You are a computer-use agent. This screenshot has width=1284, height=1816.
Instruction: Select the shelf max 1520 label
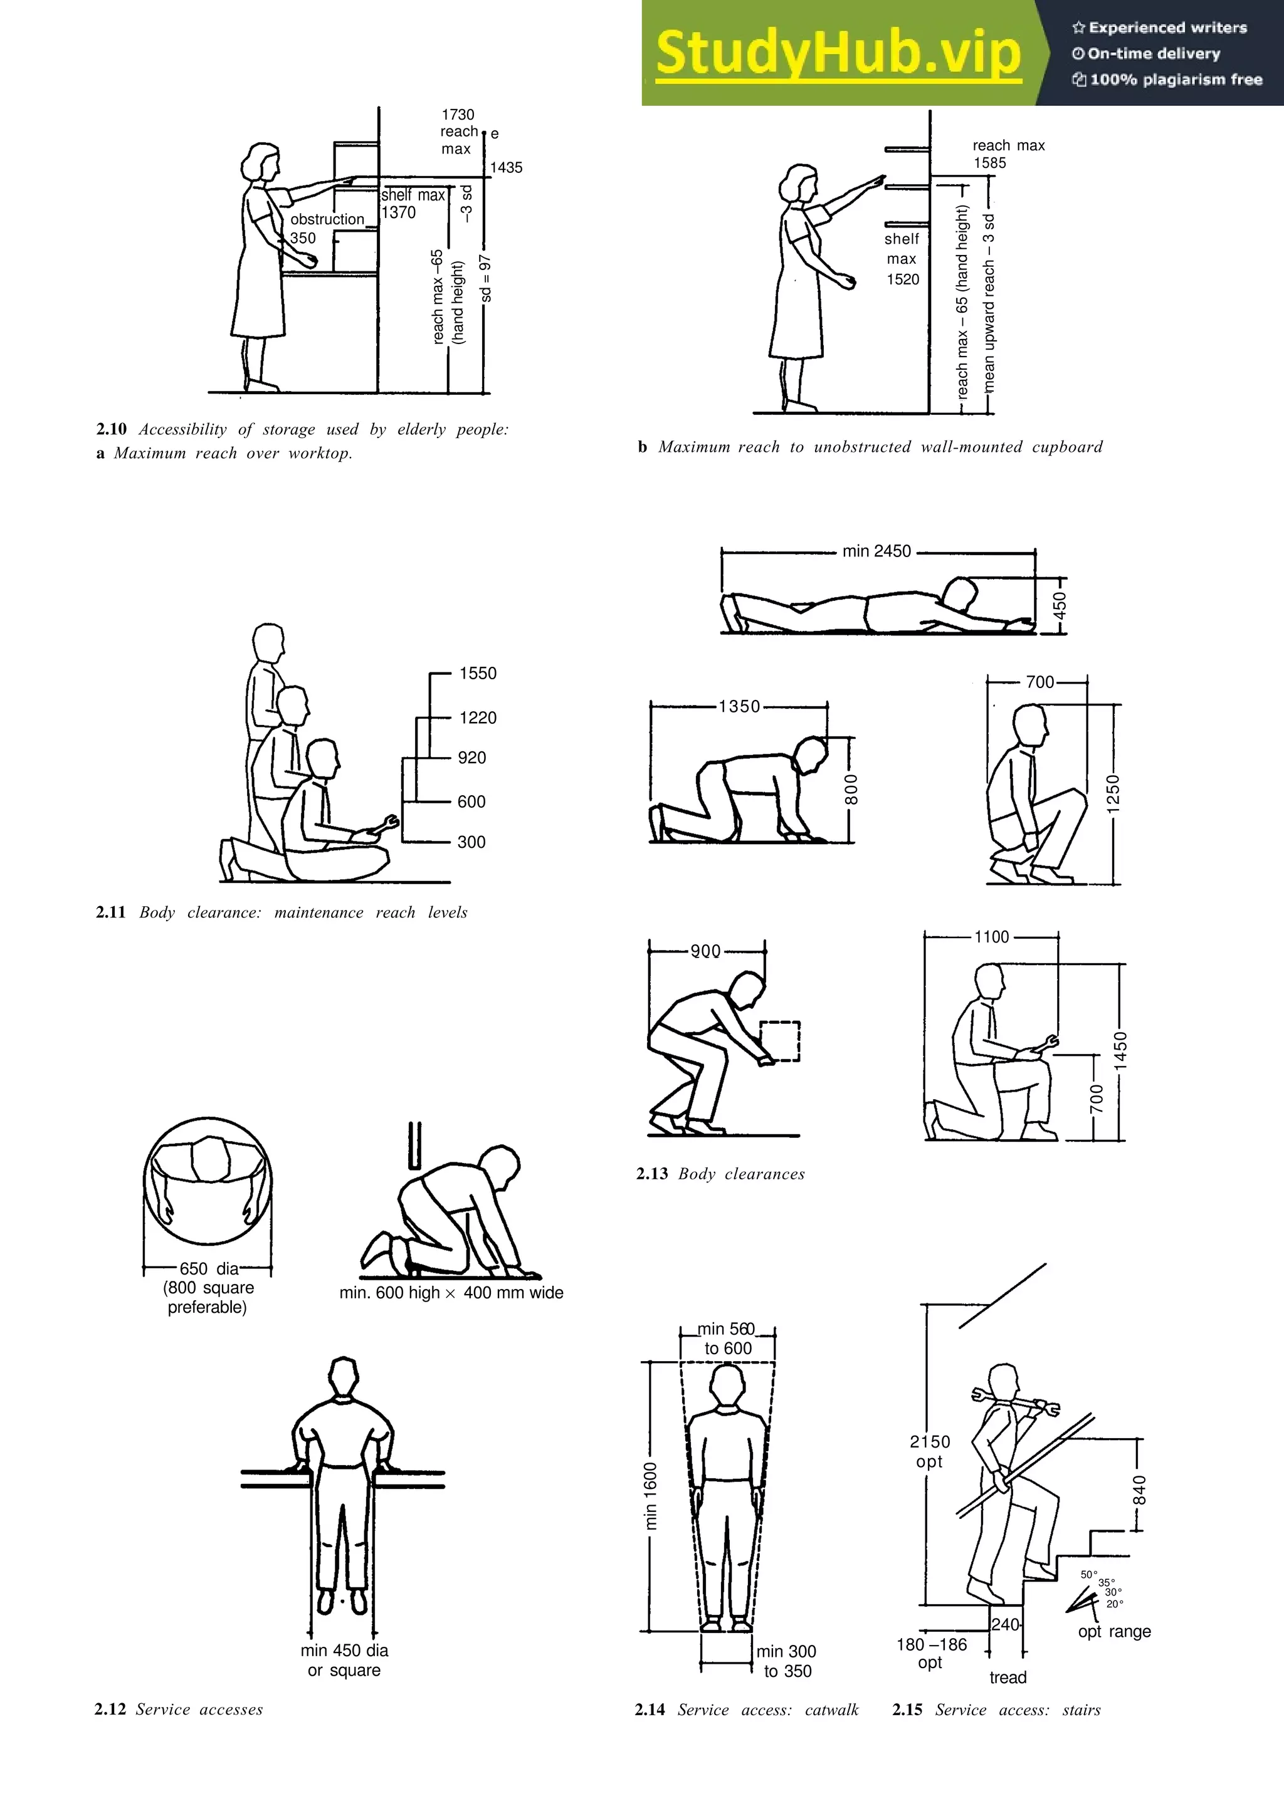pos(902,259)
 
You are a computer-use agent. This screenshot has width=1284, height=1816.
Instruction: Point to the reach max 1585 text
pos(1008,154)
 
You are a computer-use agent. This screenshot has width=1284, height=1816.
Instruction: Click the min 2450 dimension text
pos(876,551)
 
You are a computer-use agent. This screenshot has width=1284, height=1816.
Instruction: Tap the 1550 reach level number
pos(478,674)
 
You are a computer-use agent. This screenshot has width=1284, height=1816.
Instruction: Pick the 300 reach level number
pos(471,842)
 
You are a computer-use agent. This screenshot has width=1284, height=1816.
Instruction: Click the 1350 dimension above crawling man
pos(739,706)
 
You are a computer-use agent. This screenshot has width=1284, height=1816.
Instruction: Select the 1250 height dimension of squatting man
pos(1113,793)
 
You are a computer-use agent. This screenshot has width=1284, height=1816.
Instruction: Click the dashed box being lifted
pos(780,1041)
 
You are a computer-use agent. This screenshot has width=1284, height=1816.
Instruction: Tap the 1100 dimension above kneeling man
pos(991,937)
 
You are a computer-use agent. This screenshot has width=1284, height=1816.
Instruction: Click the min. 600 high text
pos(389,1292)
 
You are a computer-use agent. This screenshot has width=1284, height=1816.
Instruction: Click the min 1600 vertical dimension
pos(650,1496)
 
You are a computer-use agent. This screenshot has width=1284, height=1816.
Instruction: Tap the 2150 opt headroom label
pos(930,1451)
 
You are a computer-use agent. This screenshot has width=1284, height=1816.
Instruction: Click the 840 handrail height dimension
pos(1139,1490)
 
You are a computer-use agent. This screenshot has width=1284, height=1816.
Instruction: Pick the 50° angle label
pos(1088,1575)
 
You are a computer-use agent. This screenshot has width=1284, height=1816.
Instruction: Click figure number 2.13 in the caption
pos(652,1174)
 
